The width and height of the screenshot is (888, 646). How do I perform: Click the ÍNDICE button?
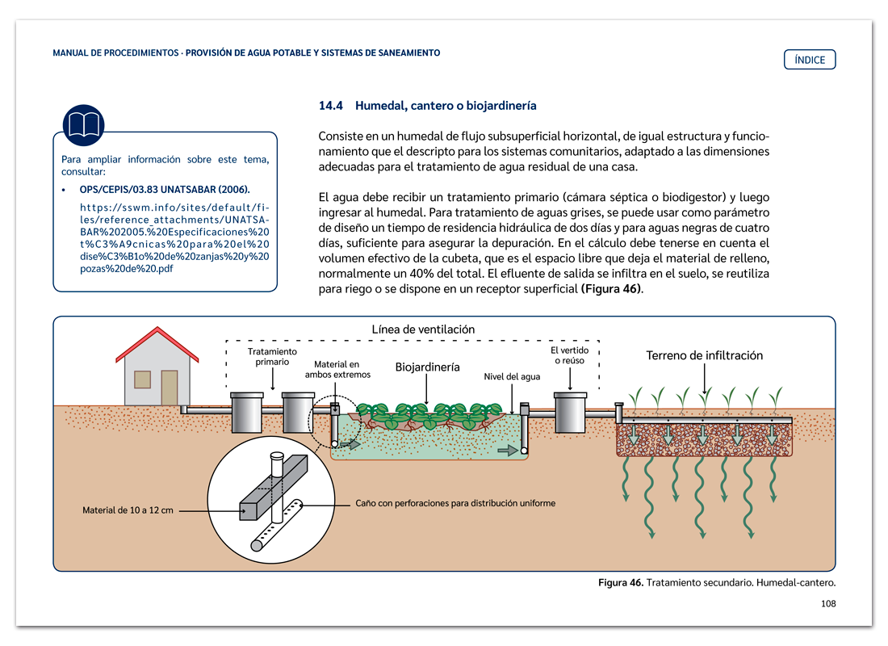810,60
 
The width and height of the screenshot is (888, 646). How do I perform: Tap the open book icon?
83,125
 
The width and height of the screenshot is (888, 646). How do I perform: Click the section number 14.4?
331,106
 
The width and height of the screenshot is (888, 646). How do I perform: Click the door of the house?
170,388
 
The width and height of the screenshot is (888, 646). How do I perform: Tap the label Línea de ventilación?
423,329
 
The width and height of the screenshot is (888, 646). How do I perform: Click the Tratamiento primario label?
272,357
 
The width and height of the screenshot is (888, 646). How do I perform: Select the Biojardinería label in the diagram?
427,367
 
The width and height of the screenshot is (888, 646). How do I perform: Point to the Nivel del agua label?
512,376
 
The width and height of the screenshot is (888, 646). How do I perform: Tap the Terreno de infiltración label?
704,355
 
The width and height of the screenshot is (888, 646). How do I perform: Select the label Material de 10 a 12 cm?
128,510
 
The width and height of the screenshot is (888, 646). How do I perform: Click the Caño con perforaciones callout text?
455,503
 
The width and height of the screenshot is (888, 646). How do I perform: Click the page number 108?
827,603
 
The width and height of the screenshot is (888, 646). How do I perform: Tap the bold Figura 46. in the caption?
620,582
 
